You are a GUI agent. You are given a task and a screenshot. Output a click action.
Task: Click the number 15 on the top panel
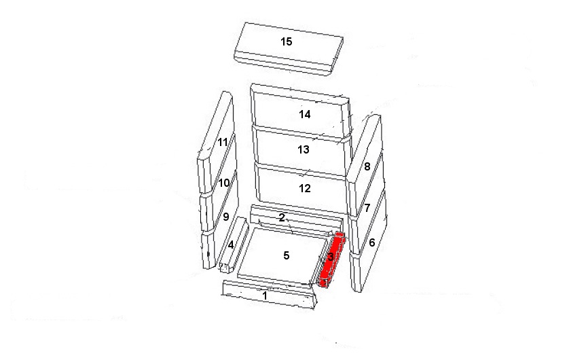[x=287, y=41]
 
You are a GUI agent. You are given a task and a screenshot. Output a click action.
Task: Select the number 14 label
[x=304, y=114]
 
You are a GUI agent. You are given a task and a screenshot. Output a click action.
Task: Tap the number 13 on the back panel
[x=304, y=149]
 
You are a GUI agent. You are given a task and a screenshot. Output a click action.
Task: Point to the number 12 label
[x=304, y=188]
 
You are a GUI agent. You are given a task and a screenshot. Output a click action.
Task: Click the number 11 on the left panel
[x=223, y=142]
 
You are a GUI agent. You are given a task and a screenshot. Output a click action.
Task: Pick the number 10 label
[x=224, y=183]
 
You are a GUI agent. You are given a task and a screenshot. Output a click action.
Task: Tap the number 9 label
[x=226, y=217]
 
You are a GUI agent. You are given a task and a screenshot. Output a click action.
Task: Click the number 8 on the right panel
[x=367, y=166]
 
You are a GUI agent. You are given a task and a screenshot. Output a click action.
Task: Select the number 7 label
[x=367, y=208]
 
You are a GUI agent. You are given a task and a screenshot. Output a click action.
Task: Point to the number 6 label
[x=372, y=242]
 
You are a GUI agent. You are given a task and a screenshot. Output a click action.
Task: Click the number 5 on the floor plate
[x=287, y=255]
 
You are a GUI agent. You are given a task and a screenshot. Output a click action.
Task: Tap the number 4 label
[x=231, y=245]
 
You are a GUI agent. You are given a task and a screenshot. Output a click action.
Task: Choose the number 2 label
[x=282, y=217]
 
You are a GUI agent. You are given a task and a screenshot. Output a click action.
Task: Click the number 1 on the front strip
[x=265, y=295]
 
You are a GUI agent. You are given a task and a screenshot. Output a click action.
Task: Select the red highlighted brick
[x=332, y=259]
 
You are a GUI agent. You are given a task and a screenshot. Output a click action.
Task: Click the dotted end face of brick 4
[x=224, y=268]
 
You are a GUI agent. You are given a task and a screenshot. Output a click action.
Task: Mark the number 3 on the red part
[x=331, y=257]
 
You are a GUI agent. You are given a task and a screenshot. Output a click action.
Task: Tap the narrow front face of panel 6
[x=356, y=272]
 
